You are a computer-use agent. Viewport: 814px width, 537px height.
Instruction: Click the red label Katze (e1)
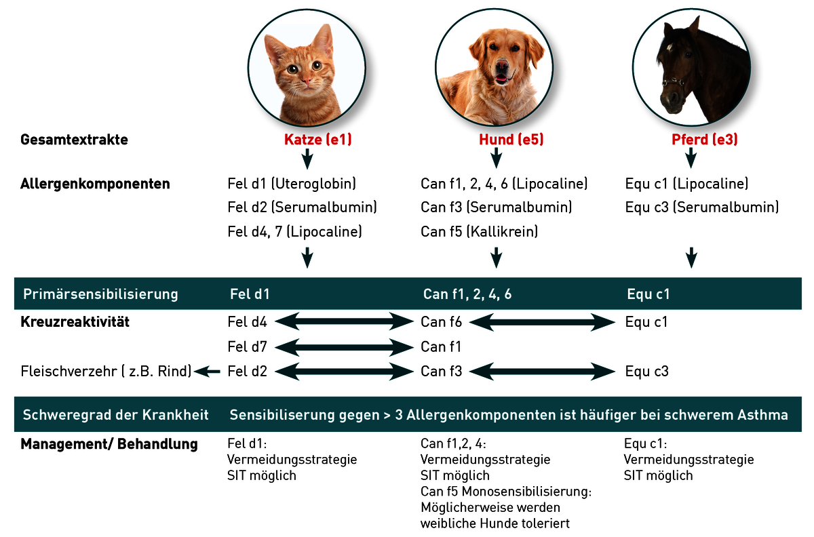(318, 140)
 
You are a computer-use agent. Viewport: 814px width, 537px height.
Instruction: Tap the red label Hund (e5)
(511, 140)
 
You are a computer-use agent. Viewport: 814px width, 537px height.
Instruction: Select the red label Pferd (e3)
(705, 140)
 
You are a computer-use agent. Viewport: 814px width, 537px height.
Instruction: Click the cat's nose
(307, 79)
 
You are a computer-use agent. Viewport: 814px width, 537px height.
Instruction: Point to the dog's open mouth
(502, 79)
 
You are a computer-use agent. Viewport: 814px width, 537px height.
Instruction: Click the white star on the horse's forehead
(670, 47)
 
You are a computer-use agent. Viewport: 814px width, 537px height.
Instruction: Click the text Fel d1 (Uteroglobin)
(292, 184)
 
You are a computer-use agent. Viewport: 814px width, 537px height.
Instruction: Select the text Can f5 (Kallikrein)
(480, 232)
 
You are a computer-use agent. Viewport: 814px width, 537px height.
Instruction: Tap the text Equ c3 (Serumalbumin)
(702, 207)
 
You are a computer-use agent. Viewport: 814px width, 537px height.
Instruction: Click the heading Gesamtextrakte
(74, 140)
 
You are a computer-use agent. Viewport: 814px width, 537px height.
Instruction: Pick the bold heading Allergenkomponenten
(95, 184)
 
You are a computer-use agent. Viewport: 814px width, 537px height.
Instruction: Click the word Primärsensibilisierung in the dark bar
(100, 294)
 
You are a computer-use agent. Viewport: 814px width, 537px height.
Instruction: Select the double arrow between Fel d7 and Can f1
(344, 347)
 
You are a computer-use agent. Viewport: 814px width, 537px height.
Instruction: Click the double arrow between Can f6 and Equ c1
(542, 322)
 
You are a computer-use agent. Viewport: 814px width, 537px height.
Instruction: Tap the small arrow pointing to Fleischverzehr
(207, 372)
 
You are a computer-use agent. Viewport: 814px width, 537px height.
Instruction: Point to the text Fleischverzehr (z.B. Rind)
(106, 372)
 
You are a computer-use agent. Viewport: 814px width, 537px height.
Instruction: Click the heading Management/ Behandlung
(109, 444)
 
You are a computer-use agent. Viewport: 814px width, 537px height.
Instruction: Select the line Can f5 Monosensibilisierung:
(506, 492)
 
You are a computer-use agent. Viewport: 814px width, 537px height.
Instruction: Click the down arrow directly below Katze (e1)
(307, 159)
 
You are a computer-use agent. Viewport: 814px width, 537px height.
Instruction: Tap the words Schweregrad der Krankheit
(115, 415)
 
